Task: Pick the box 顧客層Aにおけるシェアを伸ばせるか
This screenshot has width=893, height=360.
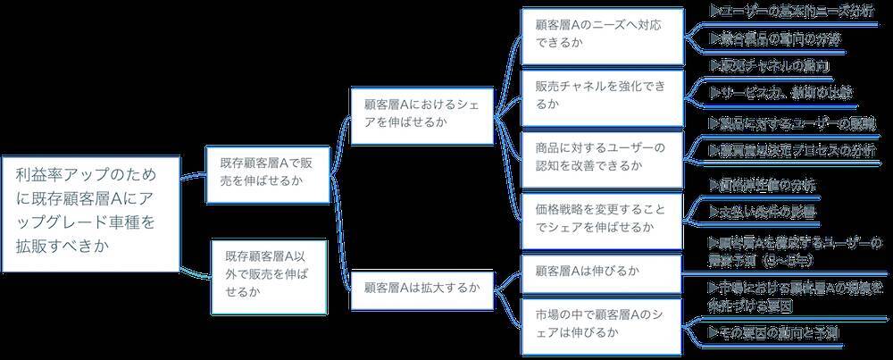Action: click(421, 113)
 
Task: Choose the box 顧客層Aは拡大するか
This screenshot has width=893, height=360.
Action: click(421, 288)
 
